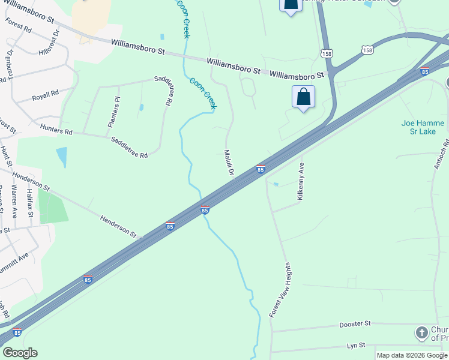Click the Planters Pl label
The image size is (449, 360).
(x=114, y=112)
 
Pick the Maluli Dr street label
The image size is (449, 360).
(x=229, y=163)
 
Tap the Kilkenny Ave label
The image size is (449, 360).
(x=301, y=181)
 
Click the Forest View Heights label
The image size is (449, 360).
(x=280, y=290)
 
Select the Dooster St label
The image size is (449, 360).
(x=355, y=324)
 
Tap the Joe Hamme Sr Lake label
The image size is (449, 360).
(x=423, y=127)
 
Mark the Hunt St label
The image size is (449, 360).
(x=5, y=156)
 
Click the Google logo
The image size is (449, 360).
(x=20, y=353)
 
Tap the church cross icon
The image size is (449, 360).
(x=421, y=332)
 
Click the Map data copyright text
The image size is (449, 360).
(x=412, y=355)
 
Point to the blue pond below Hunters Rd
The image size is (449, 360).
(x=61, y=157)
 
